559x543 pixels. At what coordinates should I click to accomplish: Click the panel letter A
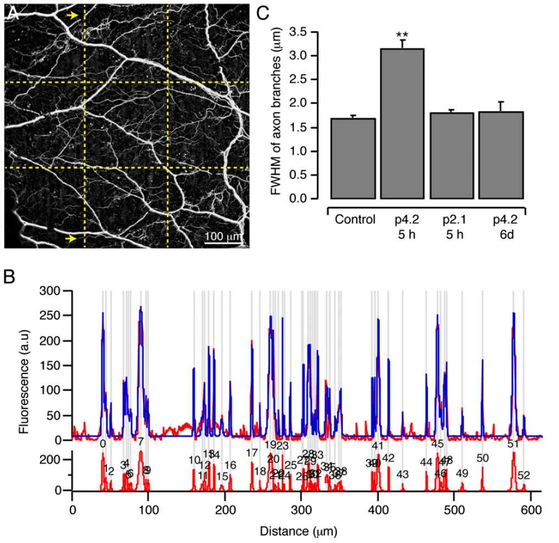13,15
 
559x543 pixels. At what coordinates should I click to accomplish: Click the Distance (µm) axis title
300,532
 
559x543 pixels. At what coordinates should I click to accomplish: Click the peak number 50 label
483,458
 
